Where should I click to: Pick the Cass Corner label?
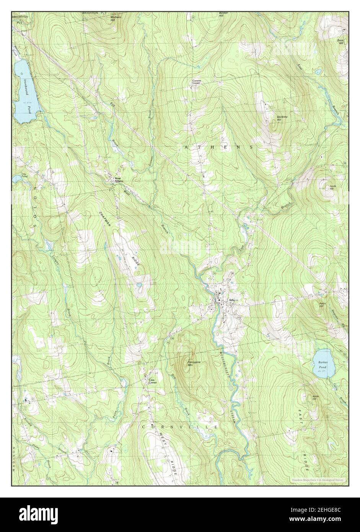(152, 381)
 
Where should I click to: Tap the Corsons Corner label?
(196, 82)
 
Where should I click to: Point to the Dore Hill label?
(340, 41)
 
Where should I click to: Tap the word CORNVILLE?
(180, 426)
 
